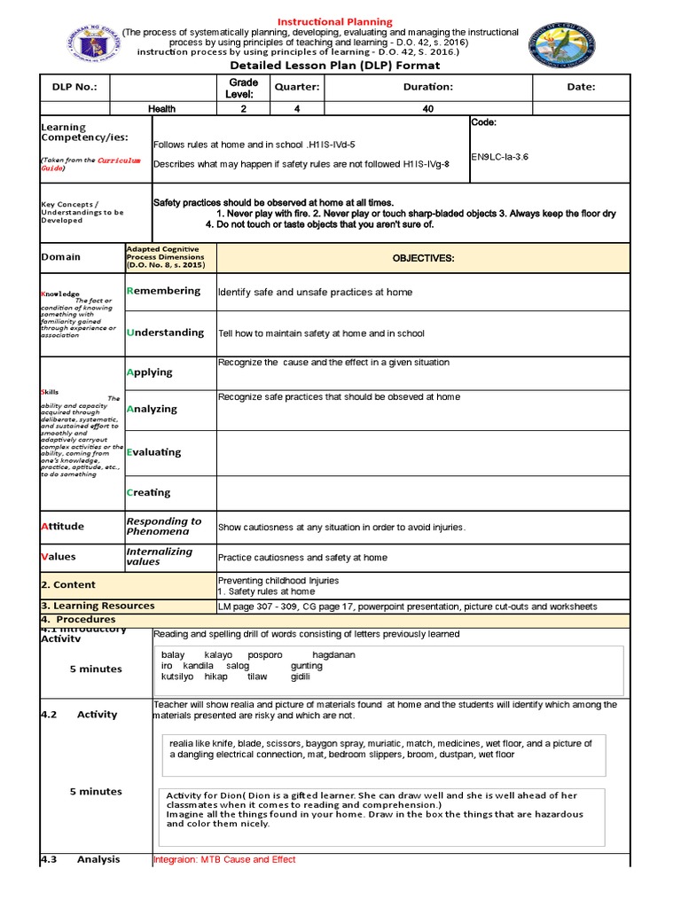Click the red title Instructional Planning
[336, 21]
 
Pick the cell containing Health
[162, 109]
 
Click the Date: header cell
[581, 87]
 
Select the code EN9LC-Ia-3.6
[499, 157]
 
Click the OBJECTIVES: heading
[423, 257]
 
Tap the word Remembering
[164, 291]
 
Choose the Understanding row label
[165, 333]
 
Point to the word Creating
[149, 492]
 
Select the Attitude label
[63, 526]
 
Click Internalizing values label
[160, 556]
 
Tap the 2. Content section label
[68, 585]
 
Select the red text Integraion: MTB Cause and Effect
[224, 859]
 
